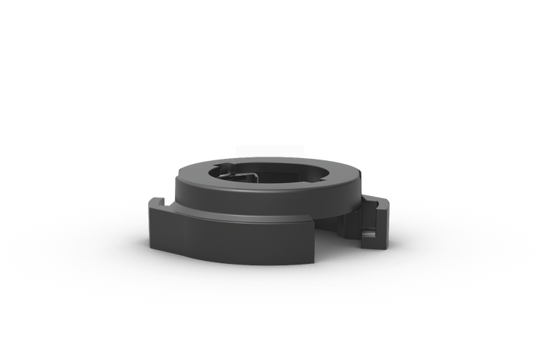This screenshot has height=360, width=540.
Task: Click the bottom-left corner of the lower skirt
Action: coord(152,246)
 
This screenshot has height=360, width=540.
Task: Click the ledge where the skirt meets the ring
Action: coord(219,216)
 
